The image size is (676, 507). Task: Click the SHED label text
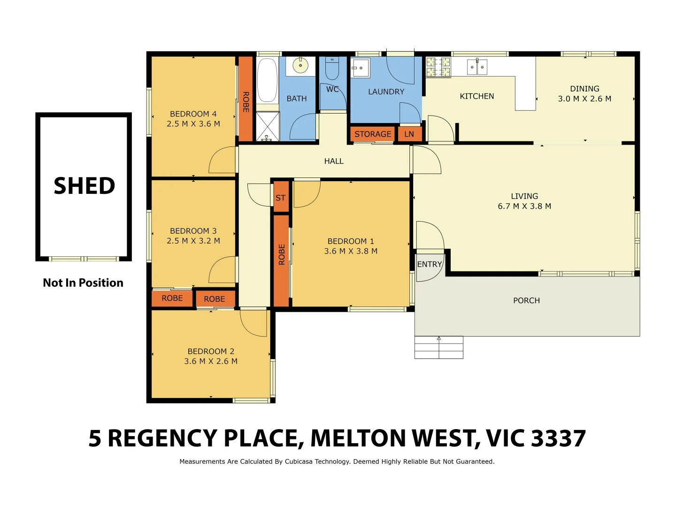pyautogui.click(x=84, y=186)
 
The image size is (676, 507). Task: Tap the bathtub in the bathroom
pyautogui.click(x=267, y=79)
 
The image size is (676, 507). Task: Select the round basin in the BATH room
pyautogui.click(x=300, y=65)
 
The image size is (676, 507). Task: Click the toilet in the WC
pyautogui.click(x=332, y=69)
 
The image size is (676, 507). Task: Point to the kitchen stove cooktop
pyautogui.click(x=438, y=67)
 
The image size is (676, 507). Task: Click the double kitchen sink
pyautogui.click(x=477, y=67)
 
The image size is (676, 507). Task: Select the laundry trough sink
pyautogui.click(x=361, y=68)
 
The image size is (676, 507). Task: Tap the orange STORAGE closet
pyautogui.click(x=372, y=134)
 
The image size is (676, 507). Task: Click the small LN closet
pyautogui.click(x=409, y=134)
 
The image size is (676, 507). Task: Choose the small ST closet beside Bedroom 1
pyautogui.click(x=280, y=198)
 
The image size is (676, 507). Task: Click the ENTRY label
pyautogui.click(x=430, y=264)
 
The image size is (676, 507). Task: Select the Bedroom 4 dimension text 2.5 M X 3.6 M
pyautogui.click(x=193, y=124)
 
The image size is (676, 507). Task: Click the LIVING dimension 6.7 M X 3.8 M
pyautogui.click(x=524, y=206)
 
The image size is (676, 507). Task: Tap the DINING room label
pyautogui.click(x=584, y=89)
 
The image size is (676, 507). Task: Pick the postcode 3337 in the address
pyautogui.click(x=559, y=438)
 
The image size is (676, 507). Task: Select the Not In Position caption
pyautogui.click(x=83, y=283)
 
